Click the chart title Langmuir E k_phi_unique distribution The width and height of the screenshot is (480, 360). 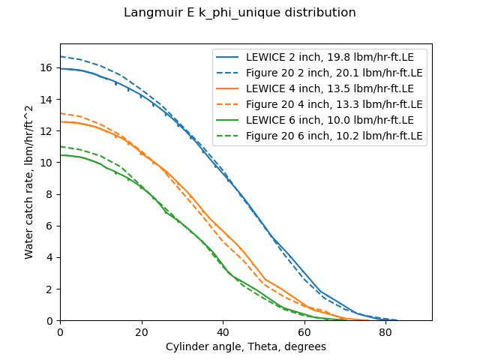point(240,13)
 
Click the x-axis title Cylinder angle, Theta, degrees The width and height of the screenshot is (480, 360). point(246,347)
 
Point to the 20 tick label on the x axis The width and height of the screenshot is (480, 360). point(142,331)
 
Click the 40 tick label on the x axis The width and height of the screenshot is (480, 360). point(223,331)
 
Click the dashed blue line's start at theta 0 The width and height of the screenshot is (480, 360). point(61,56)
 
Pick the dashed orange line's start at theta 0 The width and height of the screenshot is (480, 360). point(61,113)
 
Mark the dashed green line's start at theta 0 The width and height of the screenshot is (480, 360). point(61,146)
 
